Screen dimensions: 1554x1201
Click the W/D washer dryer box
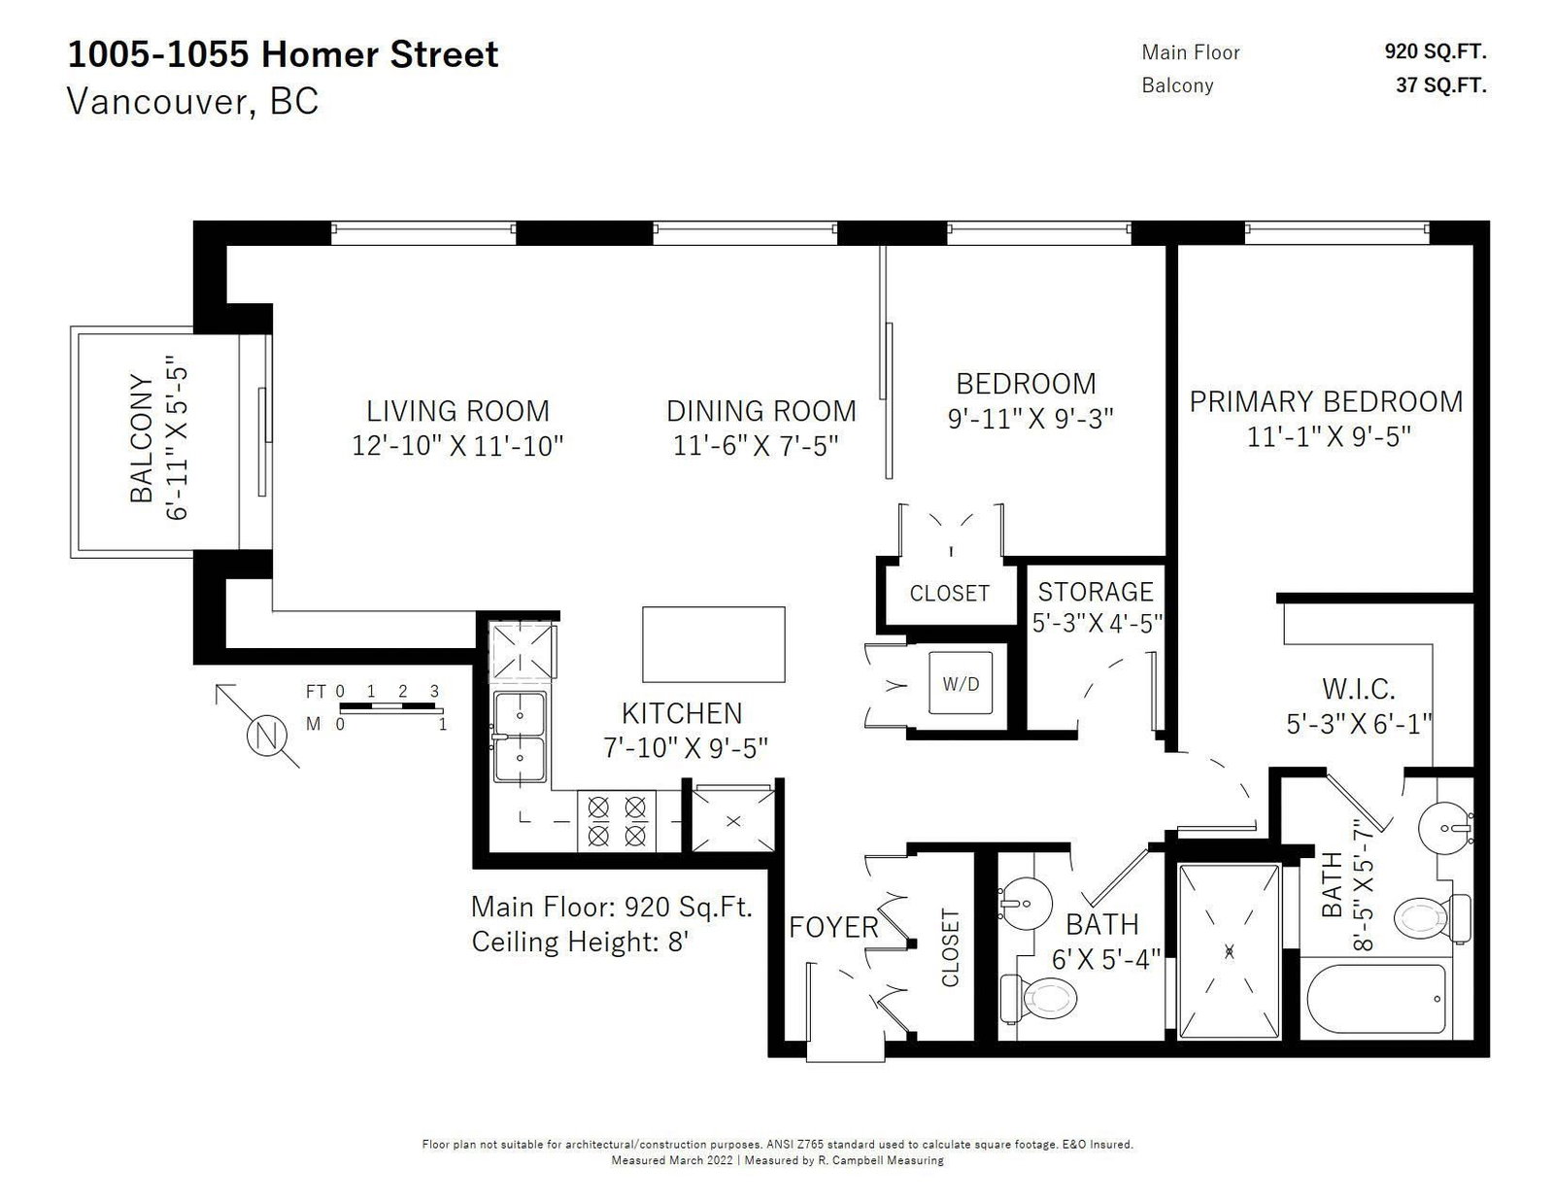click(x=960, y=682)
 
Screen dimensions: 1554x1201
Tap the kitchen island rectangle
click(x=713, y=644)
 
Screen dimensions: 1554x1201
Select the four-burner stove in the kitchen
click(x=617, y=820)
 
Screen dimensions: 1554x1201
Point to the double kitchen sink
click(x=520, y=738)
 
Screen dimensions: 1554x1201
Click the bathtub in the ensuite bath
click(x=1376, y=998)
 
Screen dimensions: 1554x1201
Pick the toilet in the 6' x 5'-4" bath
click(x=1038, y=997)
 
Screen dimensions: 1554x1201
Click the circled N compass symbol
click(x=266, y=735)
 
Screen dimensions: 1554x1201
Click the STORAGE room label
click(x=1096, y=592)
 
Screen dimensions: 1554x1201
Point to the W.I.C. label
click(x=1358, y=689)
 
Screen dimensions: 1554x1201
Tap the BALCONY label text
click(x=142, y=438)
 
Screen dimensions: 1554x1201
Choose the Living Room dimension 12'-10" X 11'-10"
click(x=457, y=446)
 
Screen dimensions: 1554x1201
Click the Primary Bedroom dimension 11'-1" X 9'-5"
click(x=1328, y=436)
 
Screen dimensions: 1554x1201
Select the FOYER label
click(x=833, y=927)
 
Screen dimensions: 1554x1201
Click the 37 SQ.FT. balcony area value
click(x=1441, y=86)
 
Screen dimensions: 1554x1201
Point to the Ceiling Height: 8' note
click(x=579, y=942)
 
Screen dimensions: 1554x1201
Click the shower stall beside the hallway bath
click(x=1229, y=950)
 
